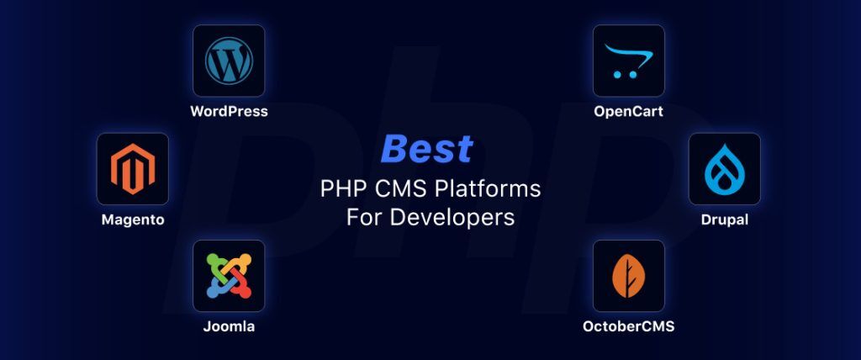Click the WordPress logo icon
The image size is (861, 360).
click(229, 61)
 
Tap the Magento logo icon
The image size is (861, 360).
click(133, 168)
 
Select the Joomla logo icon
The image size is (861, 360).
click(229, 276)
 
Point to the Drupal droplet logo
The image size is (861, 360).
click(724, 168)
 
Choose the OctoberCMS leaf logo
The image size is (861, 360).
click(628, 276)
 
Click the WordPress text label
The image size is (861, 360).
click(229, 111)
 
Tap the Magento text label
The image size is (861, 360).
click(133, 220)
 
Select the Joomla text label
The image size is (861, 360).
click(229, 326)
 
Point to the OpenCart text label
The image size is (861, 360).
click(628, 111)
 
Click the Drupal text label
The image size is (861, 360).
click(724, 220)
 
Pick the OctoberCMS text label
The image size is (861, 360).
click(628, 326)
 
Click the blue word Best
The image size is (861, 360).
click(426, 150)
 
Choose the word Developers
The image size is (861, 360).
click(455, 217)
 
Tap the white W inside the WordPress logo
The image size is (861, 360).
click(229, 61)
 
